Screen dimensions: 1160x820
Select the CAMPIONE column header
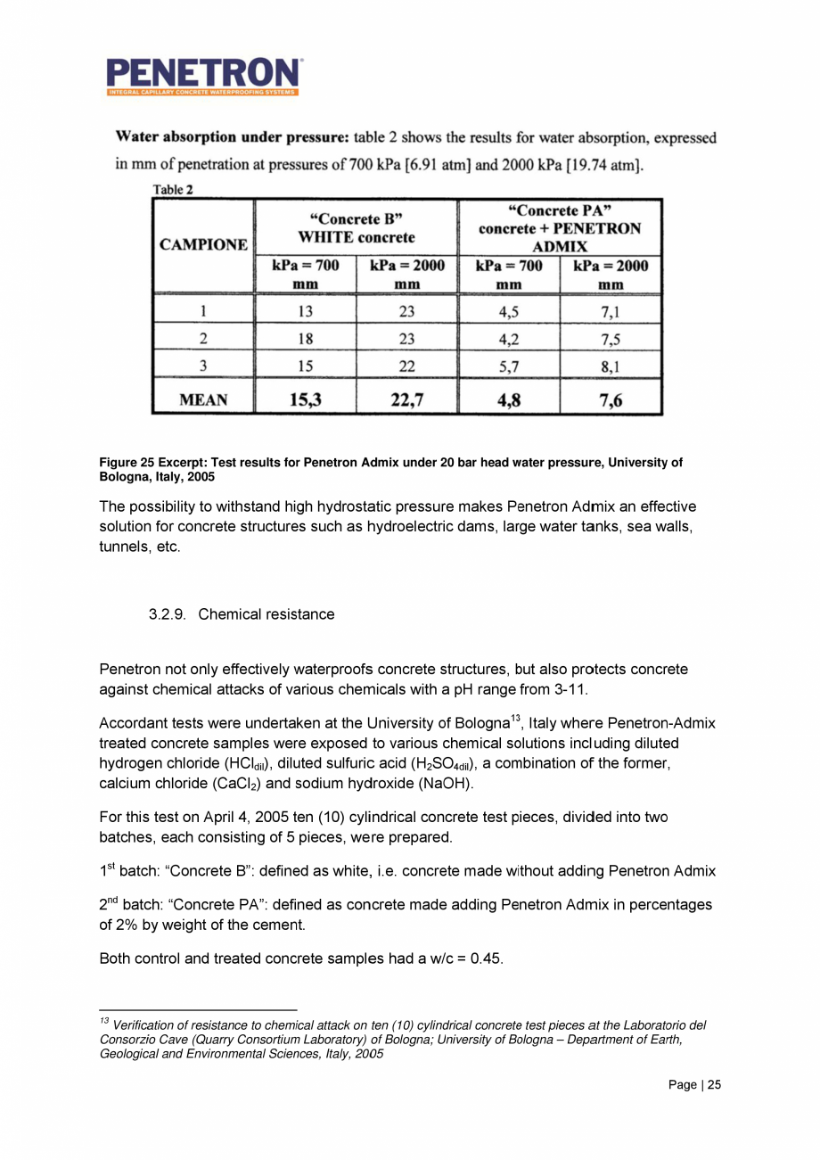(x=204, y=243)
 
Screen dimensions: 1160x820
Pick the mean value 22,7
(x=406, y=400)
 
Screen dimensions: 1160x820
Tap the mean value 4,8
(x=508, y=400)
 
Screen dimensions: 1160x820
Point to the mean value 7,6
(x=610, y=400)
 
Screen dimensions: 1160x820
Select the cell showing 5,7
(x=508, y=365)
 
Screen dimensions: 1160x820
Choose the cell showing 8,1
(x=610, y=365)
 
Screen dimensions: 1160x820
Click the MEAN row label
(x=204, y=400)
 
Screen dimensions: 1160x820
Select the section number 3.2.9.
(x=169, y=614)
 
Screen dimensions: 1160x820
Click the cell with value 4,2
(x=508, y=338)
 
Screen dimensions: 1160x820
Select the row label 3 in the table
(x=204, y=365)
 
